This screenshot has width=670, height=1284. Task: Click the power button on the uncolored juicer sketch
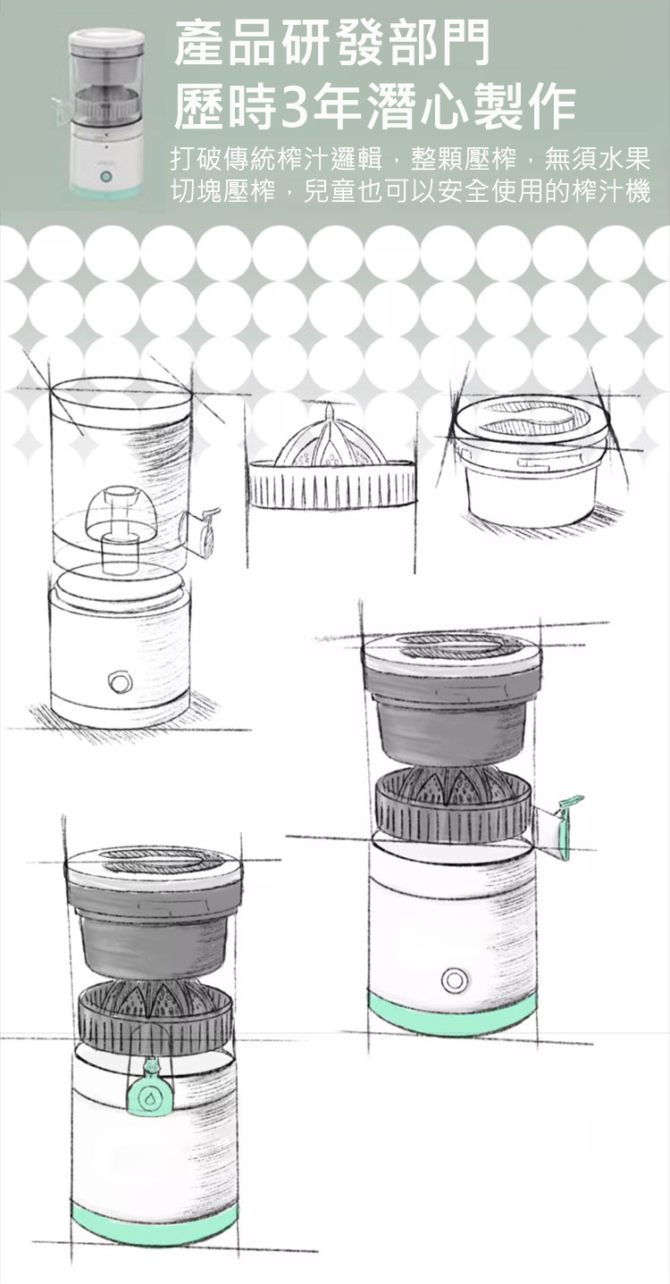[120, 681]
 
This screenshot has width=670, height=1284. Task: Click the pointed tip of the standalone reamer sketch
[329, 408]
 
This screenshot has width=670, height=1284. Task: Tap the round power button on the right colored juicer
[455, 980]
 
